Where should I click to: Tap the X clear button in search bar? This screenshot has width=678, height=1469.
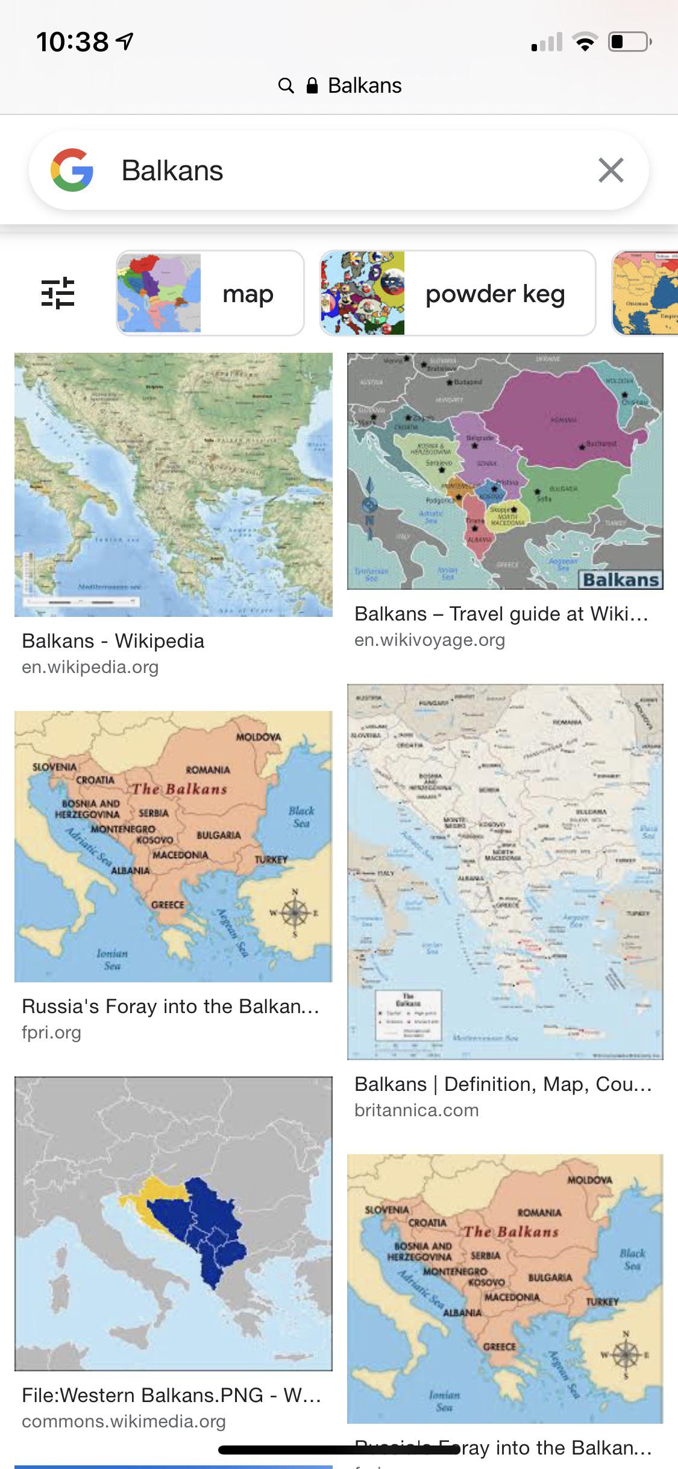pyautogui.click(x=611, y=170)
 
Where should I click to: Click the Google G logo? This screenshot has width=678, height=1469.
pyautogui.click(x=72, y=170)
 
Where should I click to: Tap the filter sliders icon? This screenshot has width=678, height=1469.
pyautogui.click(x=58, y=293)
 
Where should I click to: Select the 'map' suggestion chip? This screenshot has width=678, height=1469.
pyautogui.click(x=210, y=293)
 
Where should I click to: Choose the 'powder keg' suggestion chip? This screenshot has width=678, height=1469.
pyautogui.click(x=457, y=293)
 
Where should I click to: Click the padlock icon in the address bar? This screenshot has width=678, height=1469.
pyautogui.click(x=312, y=86)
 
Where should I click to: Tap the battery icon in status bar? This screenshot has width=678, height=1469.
pyautogui.click(x=629, y=42)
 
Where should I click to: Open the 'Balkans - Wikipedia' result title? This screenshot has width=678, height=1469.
pyautogui.click(x=113, y=641)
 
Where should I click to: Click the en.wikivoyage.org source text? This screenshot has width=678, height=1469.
pyautogui.click(x=430, y=640)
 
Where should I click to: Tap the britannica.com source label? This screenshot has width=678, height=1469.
pyautogui.click(x=416, y=1110)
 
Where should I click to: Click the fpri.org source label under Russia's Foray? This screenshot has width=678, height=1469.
pyautogui.click(x=51, y=1032)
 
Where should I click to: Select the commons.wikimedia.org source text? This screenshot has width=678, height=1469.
pyautogui.click(x=124, y=1421)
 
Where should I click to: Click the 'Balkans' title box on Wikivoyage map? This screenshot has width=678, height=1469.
pyautogui.click(x=620, y=580)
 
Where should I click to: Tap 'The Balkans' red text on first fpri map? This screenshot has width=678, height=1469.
pyautogui.click(x=180, y=789)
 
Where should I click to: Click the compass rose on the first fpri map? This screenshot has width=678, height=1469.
pyautogui.click(x=294, y=912)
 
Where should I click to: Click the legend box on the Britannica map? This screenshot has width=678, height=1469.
pyautogui.click(x=408, y=1015)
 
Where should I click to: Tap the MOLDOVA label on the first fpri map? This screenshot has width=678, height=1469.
pyautogui.click(x=259, y=737)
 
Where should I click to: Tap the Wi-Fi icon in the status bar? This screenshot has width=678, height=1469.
pyautogui.click(x=584, y=42)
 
